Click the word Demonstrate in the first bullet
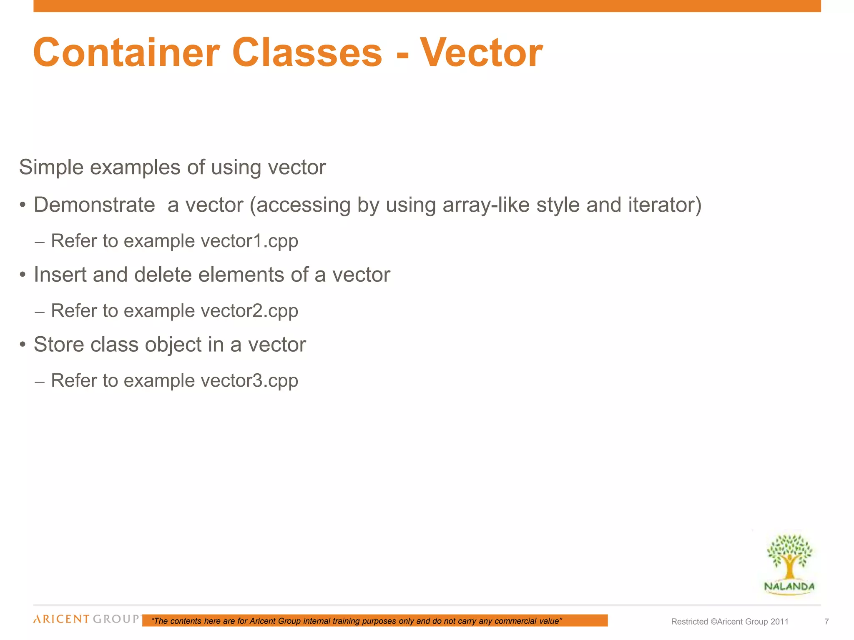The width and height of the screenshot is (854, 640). coord(94,205)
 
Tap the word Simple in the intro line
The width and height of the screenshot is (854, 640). coord(51,167)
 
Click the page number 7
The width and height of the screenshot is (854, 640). coord(826,622)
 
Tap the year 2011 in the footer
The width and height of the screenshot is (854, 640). coord(779,622)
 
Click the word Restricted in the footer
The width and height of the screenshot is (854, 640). coord(689,622)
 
